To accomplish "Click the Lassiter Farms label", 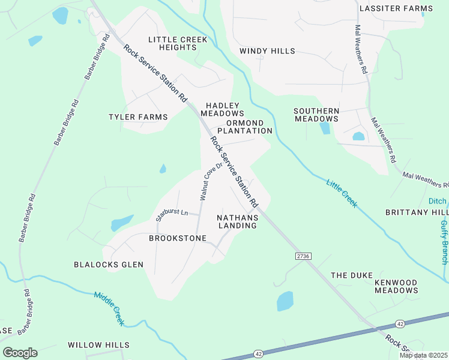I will [x=396, y=8].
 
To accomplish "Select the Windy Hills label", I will [x=267, y=52].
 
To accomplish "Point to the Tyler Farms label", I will [x=138, y=117].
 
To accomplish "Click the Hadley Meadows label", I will [x=222, y=109].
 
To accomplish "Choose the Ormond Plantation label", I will [x=244, y=126].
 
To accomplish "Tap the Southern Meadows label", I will [x=316, y=115].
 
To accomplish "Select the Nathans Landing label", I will [x=237, y=221].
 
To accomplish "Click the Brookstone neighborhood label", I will [x=178, y=238].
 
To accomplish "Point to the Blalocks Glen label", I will [x=109, y=265].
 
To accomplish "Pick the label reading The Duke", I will [x=348, y=275].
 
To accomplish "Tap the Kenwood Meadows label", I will [x=396, y=286].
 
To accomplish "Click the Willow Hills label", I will [x=98, y=345].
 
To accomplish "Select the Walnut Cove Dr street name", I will [x=211, y=181].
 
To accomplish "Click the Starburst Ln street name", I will [x=172, y=215].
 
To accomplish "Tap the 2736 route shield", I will [x=303, y=256].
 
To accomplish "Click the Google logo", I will [x=20, y=353].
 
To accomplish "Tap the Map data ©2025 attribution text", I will [x=423, y=355].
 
